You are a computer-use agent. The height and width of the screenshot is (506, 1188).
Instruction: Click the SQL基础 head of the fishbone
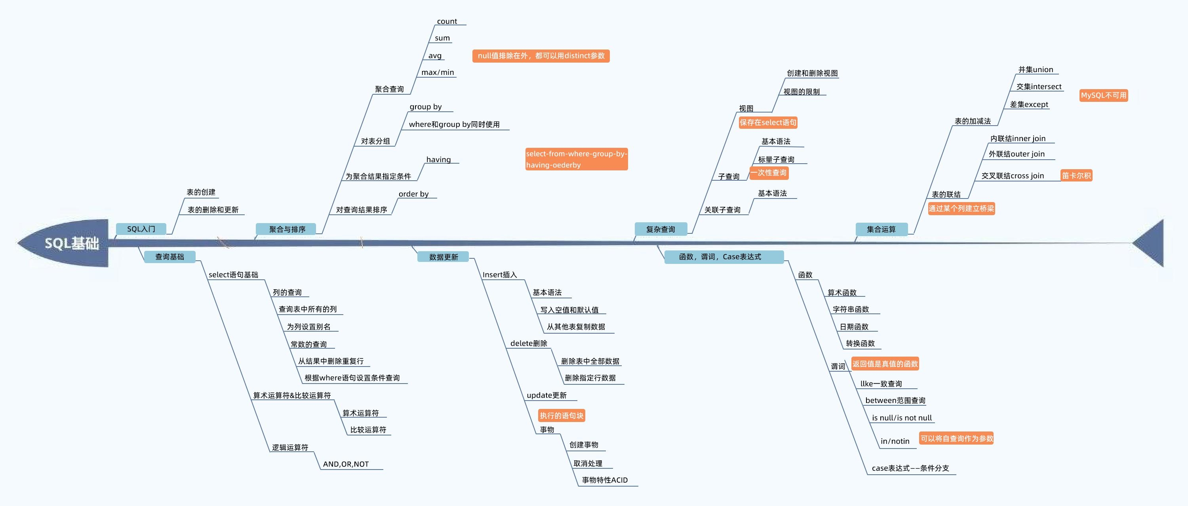click(x=72, y=243)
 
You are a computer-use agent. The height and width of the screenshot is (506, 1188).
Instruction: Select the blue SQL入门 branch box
click(x=141, y=229)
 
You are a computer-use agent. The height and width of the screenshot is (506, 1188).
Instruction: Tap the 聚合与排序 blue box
click(x=287, y=229)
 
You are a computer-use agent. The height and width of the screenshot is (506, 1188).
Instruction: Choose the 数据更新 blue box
click(x=443, y=257)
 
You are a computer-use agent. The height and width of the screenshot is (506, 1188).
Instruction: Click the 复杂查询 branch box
click(x=661, y=229)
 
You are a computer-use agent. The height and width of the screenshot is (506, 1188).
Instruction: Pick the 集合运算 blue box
click(x=881, y=229)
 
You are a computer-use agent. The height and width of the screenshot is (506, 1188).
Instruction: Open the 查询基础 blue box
click(x=169, y=257)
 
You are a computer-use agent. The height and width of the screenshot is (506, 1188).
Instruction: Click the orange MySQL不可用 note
click(x=1103, y=95)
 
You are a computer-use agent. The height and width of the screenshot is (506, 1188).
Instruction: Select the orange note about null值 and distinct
click(x=541, y=56)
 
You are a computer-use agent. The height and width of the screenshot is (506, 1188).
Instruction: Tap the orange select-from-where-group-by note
click(x=576, y=159)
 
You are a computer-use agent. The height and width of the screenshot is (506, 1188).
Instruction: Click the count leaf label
click(x=447, y=22)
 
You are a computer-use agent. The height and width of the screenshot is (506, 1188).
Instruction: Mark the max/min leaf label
click(x=438, y=73)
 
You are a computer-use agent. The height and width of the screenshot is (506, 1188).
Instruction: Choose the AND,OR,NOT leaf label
click(x=346, y=464)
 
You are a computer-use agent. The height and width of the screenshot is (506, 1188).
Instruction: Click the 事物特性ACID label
click(x=605, y=480)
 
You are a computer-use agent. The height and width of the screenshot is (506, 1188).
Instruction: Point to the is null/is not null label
click(x=902, y=418)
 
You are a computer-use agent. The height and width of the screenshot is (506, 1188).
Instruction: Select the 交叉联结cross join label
click(x=1012, y=176)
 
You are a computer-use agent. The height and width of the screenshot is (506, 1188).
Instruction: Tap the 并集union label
click(x=1036, y=70)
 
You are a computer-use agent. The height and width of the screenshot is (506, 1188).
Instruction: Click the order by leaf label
click(x=414, y=194)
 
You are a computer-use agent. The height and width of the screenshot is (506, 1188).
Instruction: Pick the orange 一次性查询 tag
click(x=768, y=173)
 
